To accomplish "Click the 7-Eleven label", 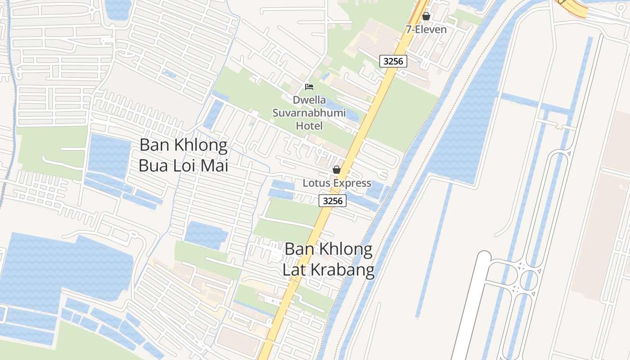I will click(x=426, y=30).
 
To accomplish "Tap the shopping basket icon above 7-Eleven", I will click(x=426, y=17).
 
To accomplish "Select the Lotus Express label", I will click(x=337, y=183).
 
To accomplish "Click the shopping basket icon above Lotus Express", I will click(x=336, y=170).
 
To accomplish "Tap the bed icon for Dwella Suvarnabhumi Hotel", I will click(x=309, y=86).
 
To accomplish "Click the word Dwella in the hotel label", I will click(x=309, y=100).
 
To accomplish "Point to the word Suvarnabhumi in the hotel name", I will click(x=309, y=112).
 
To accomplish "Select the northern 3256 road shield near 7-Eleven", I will click(x=393, y=61).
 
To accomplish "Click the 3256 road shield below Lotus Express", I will click(x=333, y=201).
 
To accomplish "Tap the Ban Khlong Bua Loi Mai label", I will click(x=183, y=155).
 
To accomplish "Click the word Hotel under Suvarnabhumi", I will click(x=309, y=126).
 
